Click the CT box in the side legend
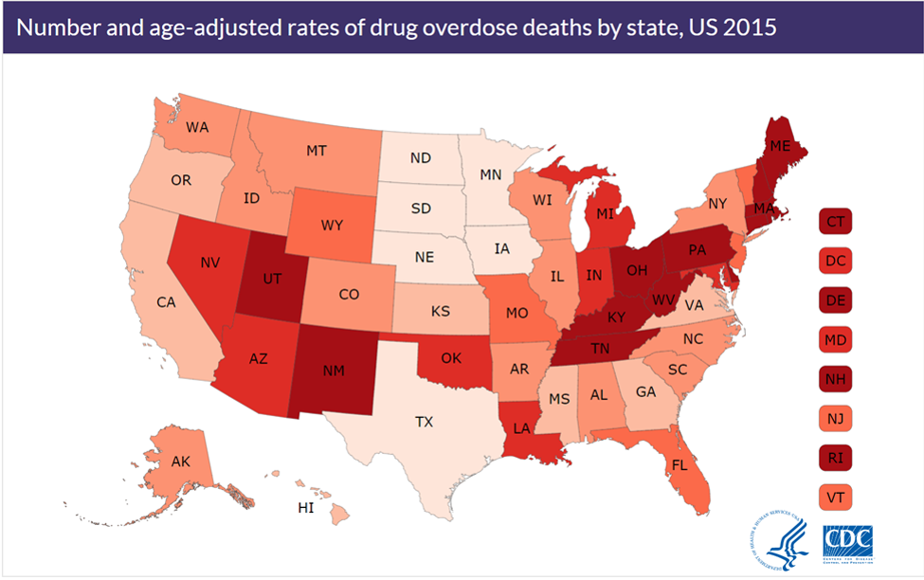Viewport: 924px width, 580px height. (836, 223)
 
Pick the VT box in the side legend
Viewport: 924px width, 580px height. (836, 496)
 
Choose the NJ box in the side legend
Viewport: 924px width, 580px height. (836, 417)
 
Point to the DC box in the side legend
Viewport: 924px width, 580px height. (836, 262)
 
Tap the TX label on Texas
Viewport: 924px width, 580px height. (425, 421)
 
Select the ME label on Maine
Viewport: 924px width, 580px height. (780, 146)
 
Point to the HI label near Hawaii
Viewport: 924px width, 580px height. (306, 508)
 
